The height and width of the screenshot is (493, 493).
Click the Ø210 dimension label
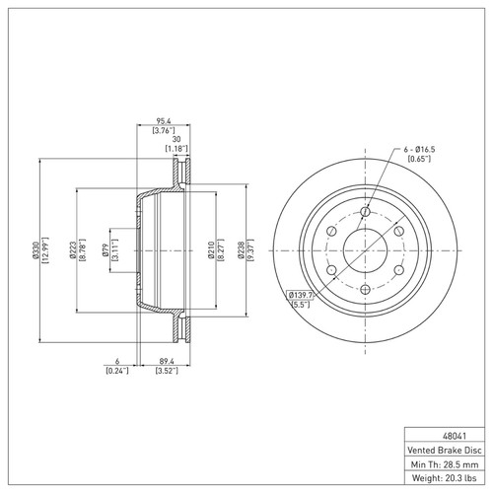(212, 251)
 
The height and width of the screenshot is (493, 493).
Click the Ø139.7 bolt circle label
(300, 296)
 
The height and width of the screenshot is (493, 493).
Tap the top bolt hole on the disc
(365, 212)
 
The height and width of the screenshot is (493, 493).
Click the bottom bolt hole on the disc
(365, 289)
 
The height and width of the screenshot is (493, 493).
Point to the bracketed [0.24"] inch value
(117, 372)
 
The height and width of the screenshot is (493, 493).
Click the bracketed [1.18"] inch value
(177, 149)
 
